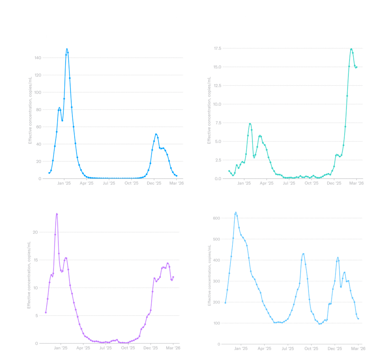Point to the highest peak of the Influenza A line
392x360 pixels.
[x=67, y=49]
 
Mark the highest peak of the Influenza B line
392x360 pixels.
[x=351, y=49]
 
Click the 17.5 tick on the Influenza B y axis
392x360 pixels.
[x=218, y=48]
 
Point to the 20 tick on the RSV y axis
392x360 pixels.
[x=36, y=232]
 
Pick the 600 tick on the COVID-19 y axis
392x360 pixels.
[x=216, y=218]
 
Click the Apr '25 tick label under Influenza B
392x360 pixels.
[x=266, y=183]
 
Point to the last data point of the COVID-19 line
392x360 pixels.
[x=359, y=319]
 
